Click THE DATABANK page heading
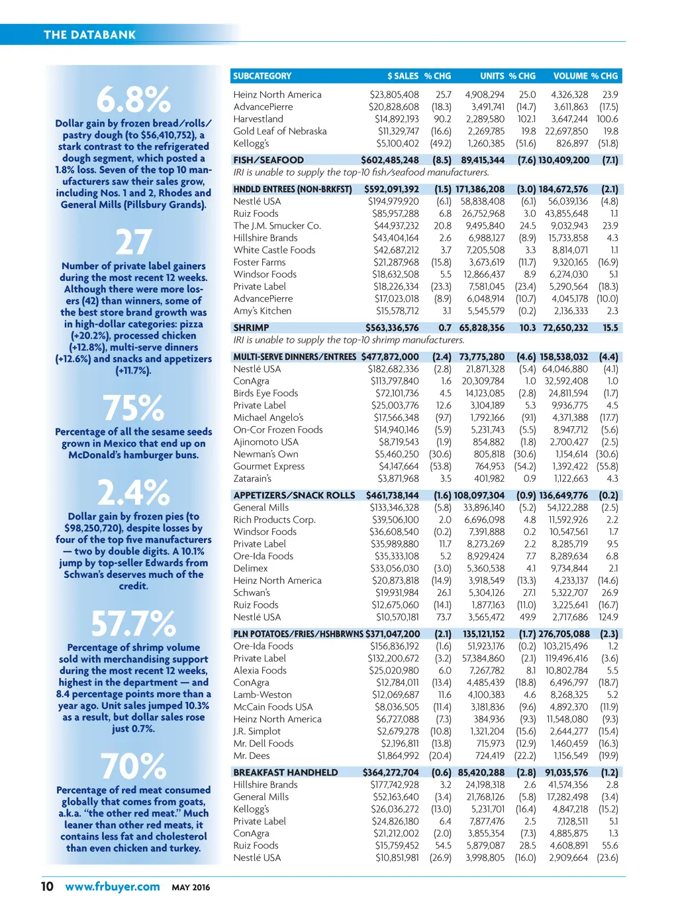[x=89, y=34]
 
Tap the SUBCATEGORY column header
[x=262, y=76]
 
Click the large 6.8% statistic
[x=134, y=100]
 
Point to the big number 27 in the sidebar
[x=134, y=243]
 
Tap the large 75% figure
[x=134, y=408]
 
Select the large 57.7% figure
[x=134, y=624]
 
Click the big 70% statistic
[x=134, y=766]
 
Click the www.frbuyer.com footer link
[x=113, y=887]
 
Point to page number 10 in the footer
[x=48, y=887]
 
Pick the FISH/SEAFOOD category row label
[x=268, y=160]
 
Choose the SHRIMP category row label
[x=251, y=327]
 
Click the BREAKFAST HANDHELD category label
[x=285, y=772]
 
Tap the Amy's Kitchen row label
[x=262, y=311]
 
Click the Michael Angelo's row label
[x=268, y=418]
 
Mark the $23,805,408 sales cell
[x=394, y=95]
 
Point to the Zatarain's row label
[x=252, y=479]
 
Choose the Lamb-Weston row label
[x=262, y=695]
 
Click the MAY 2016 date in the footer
[x=191, y=887]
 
